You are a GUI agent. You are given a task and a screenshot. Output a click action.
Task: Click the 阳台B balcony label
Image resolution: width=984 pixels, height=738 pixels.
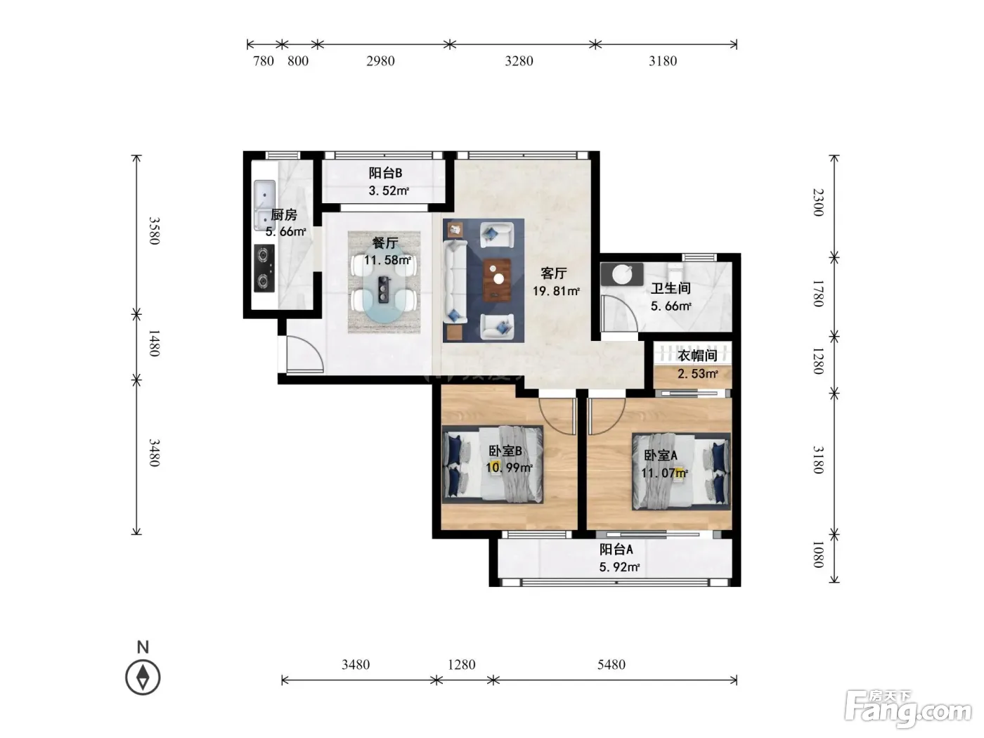[x=385, y=173]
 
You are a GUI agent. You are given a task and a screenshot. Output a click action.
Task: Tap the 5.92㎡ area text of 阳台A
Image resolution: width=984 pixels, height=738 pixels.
[x=619, y=567]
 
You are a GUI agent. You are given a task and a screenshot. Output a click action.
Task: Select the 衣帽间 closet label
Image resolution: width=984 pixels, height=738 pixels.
[x=697, y=356]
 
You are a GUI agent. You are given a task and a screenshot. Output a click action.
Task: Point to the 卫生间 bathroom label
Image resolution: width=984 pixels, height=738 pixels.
[x=671, y=288]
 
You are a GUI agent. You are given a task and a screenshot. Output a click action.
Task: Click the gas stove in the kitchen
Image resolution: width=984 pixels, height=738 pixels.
[x=264, y=268]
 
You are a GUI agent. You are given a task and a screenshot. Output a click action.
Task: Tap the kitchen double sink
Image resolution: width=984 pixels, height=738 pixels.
[x=264, y=205]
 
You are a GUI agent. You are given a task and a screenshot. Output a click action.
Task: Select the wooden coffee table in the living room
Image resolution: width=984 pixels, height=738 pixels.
[x=497, y=280]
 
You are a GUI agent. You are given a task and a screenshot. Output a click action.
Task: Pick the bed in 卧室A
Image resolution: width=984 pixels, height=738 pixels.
[x=681, y=472]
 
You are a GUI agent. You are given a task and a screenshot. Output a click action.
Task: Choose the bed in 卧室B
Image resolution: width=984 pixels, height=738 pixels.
[x=493, y=464]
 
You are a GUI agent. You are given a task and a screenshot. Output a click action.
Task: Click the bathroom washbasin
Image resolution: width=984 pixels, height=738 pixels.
[x=622, y=274]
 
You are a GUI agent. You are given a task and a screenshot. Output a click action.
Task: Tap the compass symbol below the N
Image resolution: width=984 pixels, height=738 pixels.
[x=143, y=677]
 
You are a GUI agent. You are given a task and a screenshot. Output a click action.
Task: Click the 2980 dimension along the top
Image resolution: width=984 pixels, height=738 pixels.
[x=380, y=61]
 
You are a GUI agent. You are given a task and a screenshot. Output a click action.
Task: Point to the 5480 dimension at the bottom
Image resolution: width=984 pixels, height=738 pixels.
[x=611, y=664]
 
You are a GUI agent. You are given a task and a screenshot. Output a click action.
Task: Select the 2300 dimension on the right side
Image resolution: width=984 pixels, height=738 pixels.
[x=819, y=202]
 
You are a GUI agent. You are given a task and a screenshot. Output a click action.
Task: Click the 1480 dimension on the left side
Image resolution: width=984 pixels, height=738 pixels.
[x=154, y=343]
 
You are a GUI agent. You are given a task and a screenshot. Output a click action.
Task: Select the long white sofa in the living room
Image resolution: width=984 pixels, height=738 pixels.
[x=455, y=280]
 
